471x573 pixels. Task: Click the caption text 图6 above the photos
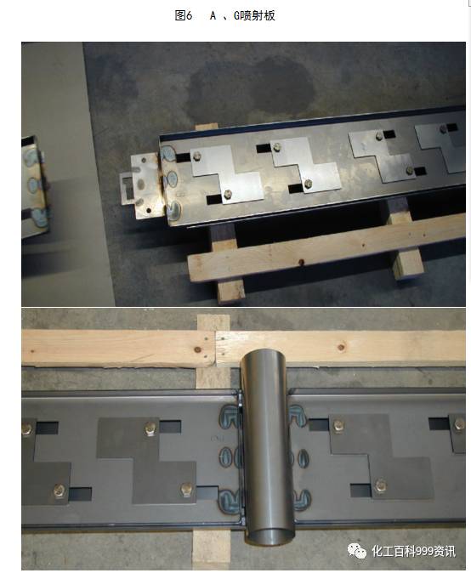tap(184, 15)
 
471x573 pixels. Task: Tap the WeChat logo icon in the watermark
tap(357, 551)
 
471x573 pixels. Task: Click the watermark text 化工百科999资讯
tap(414, 551)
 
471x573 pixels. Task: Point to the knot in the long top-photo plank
tap(302, 262)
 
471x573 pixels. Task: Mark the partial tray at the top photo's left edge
tap(35, 186)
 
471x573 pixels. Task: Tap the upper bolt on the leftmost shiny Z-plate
tap(197, 156)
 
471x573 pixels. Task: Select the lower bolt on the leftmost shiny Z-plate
tap(227, 194)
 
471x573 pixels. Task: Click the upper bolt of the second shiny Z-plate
tap(276, 147)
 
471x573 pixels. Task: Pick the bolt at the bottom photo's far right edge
tap(459, 425)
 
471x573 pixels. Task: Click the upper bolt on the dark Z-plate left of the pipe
tap(150, 428)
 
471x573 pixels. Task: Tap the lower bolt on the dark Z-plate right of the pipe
tap(380, 485)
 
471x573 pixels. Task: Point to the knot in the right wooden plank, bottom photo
tap(341, 347)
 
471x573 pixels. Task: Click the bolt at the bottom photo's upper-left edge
tap(26, 429)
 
